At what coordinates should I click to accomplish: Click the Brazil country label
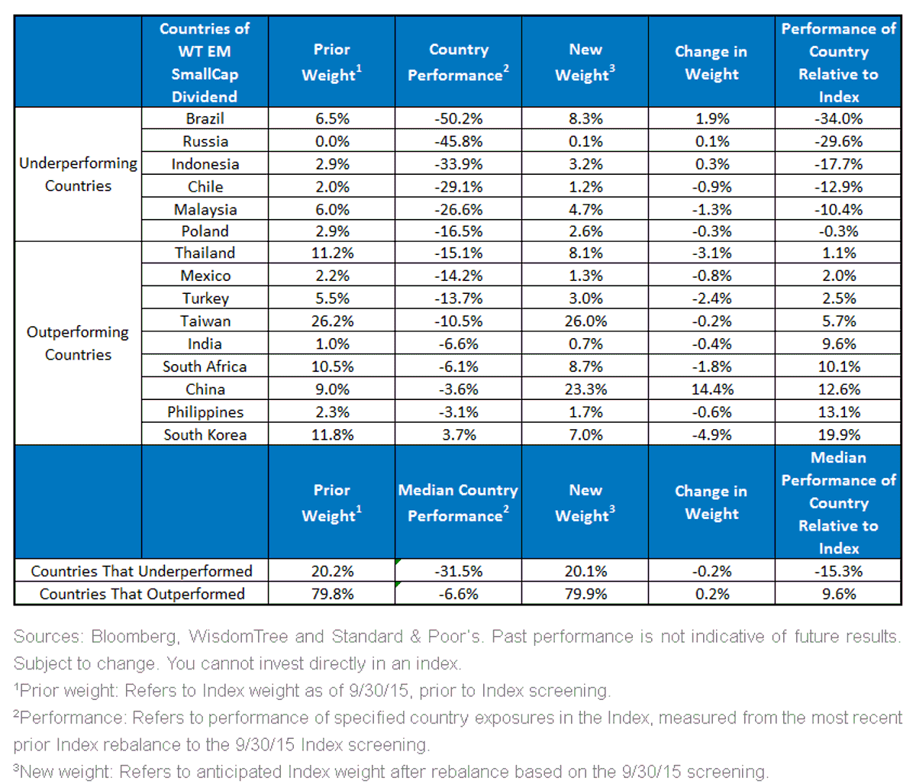click(x=205, y=119)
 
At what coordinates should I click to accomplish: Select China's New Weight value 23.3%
click(x=585, y=389)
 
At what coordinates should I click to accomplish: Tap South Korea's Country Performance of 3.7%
click(x=459, y=434)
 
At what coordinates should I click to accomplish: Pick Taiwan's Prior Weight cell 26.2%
click(x=332, y=321)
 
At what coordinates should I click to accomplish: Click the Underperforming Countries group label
click(x=78, y=174)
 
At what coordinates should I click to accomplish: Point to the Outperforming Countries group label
click(x=78, y=343)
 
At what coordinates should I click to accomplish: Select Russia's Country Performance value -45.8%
click(x=459, y=141)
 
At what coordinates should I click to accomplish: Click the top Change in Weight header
click(x=711, y=63)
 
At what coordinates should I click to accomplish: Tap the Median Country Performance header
click(x=458, y=502)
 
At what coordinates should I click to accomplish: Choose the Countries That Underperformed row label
click(x=141, y=571)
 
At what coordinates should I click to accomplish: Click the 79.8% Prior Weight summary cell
click(x=332, y=594)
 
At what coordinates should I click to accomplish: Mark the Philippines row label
click(x=205, y=412)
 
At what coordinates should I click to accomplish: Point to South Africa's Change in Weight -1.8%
click(x=711, y=366)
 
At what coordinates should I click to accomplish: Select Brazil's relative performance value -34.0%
click(x=838, y=119)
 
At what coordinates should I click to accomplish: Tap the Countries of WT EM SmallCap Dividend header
click(x=205, y=63)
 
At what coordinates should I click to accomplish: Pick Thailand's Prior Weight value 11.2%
click(x=332, y=253)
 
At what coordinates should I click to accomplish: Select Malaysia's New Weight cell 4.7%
click(x=585, y=209)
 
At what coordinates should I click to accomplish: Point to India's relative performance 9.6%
click(x=839, y=344)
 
